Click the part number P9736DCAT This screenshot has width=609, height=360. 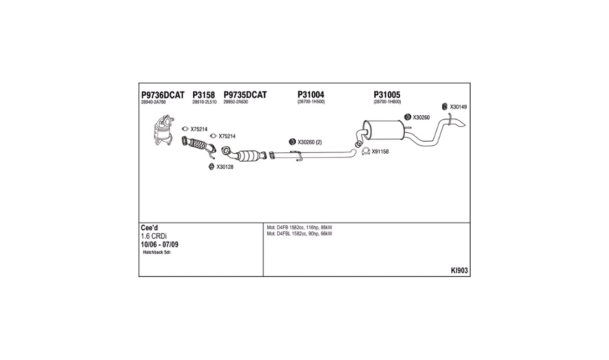[x=163, y=95]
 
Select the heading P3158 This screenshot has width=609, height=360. [x=204, y=95]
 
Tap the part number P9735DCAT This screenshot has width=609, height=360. [x=245, y=95]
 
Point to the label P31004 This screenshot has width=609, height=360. [x=311, y=95]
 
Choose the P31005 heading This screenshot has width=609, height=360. [x=387, y=95]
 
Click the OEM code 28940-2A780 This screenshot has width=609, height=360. [x=153, y=102]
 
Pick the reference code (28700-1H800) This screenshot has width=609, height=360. [x=387, y=102]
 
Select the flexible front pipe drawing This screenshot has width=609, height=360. [x=198, y=146]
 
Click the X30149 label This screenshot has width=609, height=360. [x=458, y=107]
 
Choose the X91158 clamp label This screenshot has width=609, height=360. [x=380, y=152]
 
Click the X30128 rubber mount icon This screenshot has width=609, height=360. [x=211, y=167]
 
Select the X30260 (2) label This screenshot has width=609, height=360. [x=309, y=142]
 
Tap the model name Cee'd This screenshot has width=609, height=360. [x=149, y=228]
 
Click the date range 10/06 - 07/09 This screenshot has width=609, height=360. [x=159, y=245]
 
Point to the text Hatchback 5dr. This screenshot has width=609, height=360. [x=157, y=253]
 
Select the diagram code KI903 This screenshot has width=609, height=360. [x=460, y=271]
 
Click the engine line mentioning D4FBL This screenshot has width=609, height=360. [x=300, y=234]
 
